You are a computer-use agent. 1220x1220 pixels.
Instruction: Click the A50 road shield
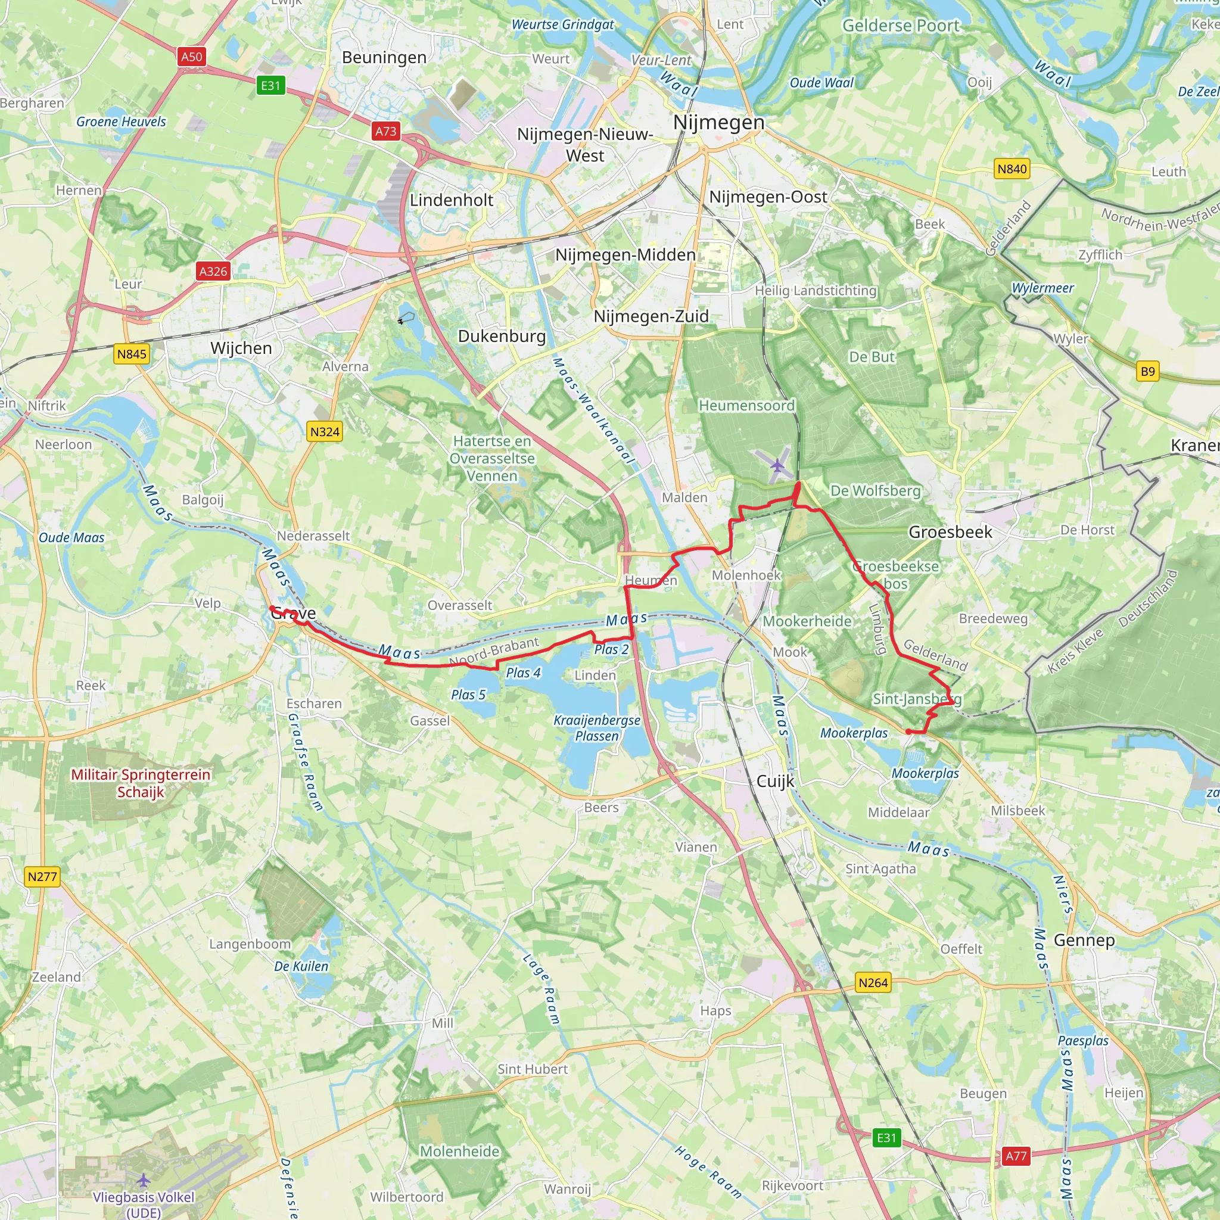tap(191, 57)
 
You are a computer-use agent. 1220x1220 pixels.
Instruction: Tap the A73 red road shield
tap(386, 131)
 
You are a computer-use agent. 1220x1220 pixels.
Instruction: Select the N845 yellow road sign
tap(131, 354)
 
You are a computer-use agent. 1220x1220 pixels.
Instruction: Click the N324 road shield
tap(325, 432)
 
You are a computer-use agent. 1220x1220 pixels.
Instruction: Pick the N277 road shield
tap(42, 876)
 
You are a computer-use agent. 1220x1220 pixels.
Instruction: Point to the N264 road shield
tap(873, 982)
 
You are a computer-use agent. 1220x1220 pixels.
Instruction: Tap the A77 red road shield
tap(1016, 1156)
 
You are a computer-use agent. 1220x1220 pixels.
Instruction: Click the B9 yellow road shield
tap(1147, 371)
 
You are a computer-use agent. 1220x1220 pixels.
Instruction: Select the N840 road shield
tap(1012, 169)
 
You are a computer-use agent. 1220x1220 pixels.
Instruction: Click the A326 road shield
tap(213, 272)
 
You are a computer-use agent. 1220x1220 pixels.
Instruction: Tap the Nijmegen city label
tap(718, 122)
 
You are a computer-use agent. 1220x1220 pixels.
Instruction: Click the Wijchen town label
tap(241, 348)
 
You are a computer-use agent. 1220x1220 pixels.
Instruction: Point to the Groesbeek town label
tap(950, 532)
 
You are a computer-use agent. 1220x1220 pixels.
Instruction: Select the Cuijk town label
tap(775, 781)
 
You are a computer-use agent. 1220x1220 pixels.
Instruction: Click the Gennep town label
tap(1084, 939)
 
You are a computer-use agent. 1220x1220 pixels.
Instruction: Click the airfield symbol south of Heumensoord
tap(777, 466)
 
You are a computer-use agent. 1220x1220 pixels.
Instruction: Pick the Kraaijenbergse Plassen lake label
tap(597, 728)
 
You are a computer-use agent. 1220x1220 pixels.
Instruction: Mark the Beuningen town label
tap(384, 57)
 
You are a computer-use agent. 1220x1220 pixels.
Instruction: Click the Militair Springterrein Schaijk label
tap(140, 783)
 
